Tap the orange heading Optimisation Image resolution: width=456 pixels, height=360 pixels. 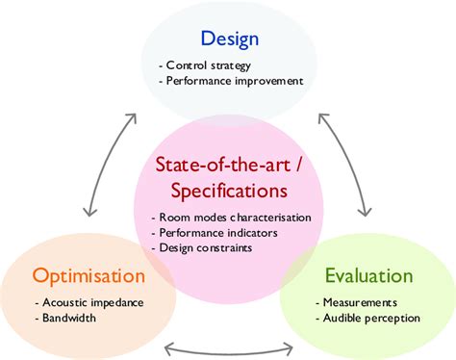click(89, 277)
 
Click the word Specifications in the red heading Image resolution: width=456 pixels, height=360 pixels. click(228, 190)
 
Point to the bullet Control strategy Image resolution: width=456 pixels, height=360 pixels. click(203, 65)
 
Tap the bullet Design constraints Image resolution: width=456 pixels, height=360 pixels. click(203, 248)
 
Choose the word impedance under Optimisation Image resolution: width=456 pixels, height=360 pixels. click(115, 302)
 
